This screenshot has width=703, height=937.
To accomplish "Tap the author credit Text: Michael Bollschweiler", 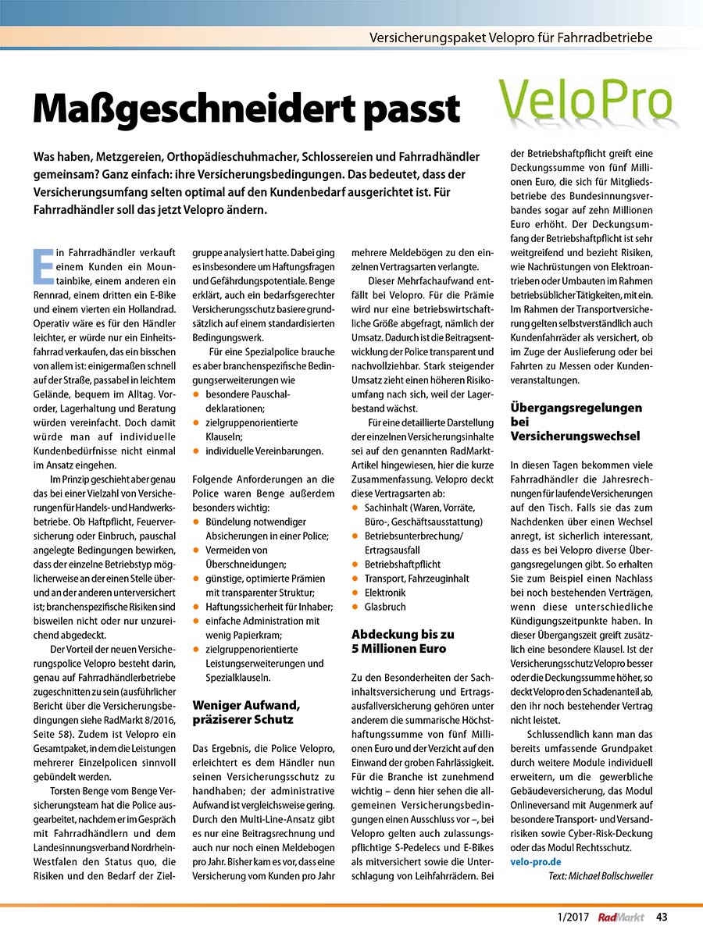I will (601, 875).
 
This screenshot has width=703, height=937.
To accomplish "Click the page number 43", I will (661, 917).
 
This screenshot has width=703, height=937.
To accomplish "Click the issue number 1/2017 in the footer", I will (574, 917).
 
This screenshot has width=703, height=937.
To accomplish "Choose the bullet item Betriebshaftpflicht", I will (401, 563).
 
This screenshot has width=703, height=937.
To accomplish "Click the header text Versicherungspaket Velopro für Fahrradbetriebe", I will (510, 37).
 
